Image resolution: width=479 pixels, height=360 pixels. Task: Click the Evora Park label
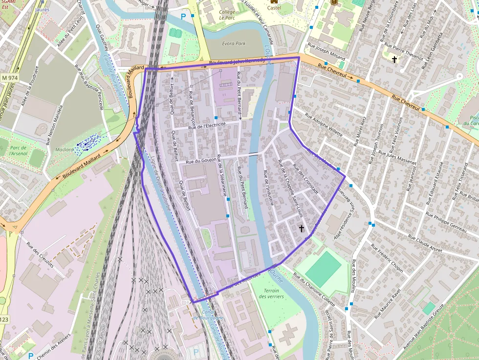click(x=234, y=43)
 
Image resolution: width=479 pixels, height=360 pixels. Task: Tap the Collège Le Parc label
click(x=227, y=15)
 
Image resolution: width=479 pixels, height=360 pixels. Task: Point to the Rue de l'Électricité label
click(x=207, y=126)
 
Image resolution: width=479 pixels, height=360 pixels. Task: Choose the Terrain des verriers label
click(x=268, y=293)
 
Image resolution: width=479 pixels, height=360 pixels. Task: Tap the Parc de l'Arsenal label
click(x=18, y=150)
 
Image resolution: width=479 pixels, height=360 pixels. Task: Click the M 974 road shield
click(x=9, y=78)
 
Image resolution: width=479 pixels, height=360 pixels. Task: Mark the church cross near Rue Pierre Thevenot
click(x=394, y=59)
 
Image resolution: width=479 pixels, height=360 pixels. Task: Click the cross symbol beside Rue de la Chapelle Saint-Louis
click(x=302, y=228)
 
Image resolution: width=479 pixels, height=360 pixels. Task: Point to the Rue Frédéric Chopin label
click(x=390, y=261)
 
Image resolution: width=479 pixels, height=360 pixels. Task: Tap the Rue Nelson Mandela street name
click(x=55, y=125)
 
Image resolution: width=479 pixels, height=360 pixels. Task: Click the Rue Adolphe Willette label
click(x=324, y=125)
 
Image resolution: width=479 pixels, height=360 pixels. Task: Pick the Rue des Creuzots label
click(x=40, y=252)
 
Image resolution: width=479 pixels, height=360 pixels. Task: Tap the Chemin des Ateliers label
click(x=53, y=342)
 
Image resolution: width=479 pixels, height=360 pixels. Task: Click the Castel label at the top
click(x=274, y=8)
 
